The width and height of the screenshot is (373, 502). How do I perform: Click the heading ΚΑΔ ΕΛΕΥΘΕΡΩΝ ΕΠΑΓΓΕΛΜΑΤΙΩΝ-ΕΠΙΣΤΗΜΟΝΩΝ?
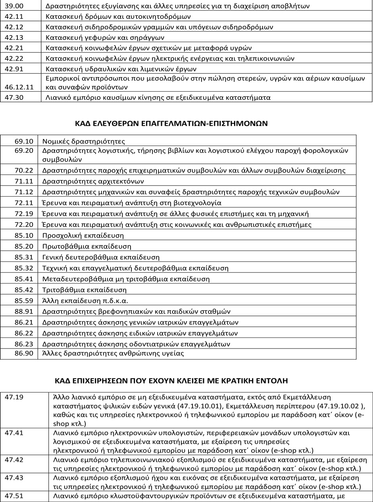[x=171, y=123]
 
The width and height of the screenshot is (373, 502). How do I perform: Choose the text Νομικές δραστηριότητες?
[x=84, y=141]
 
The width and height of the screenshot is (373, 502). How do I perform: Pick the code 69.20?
[x=24, y=151]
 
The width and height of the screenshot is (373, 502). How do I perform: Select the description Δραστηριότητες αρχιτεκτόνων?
[x=93, y=181]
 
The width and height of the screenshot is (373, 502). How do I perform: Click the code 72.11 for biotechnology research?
[x=24, y=203]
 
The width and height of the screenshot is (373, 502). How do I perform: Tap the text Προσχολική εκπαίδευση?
[x=83, y=236]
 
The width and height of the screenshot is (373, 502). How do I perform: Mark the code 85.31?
[x=24, y=257]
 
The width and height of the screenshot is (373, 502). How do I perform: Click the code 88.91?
[x=24, y=312]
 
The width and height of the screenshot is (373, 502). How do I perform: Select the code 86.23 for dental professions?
[x=24, y=344]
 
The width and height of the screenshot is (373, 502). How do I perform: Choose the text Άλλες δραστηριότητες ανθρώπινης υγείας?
[x=113, y=353]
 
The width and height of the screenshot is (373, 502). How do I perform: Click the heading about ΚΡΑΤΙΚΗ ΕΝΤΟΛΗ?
[x=171, y=381]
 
